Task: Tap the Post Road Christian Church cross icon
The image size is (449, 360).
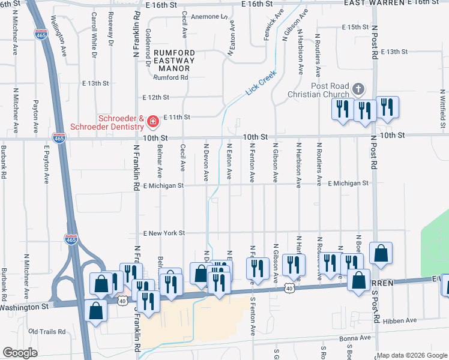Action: [358, 89]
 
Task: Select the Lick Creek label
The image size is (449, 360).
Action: [260, 83]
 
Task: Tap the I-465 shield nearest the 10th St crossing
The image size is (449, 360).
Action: [58, 137]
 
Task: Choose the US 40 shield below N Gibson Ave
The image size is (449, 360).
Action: [289, 289]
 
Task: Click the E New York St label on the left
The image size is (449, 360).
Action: [164, 233]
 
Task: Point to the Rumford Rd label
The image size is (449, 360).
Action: [171, 77]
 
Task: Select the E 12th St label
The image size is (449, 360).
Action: [157, 97]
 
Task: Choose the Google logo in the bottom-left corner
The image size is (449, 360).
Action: [20, 353]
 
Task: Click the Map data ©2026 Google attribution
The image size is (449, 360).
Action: [412, 355]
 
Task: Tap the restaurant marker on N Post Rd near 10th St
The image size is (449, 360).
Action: [364, 112]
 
